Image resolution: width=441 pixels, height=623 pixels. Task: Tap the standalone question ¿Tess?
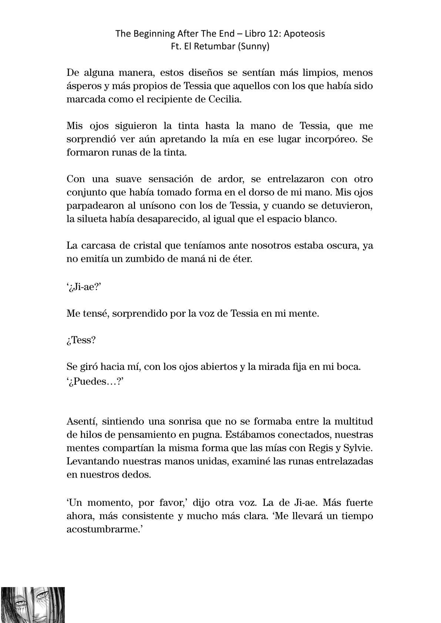click(x=81, y=340)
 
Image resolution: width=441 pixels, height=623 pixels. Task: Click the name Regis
click(x=320, y=448)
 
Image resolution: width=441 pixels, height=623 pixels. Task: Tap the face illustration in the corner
click(x=33, y=605)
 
